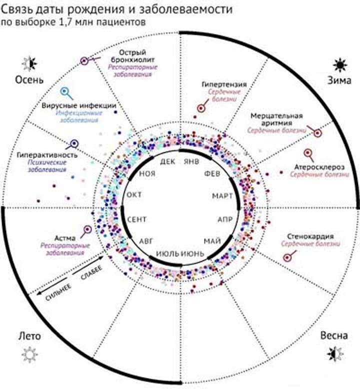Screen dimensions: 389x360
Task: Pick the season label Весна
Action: pyautogui.click(x=333, y=335)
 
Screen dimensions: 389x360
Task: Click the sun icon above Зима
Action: pyautogui.click(x=340, y=64)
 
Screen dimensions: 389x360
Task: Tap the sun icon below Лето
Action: pyautogui.click(x=29, y=354)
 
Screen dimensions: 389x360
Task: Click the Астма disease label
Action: pyautogui.click(x=66, y=238)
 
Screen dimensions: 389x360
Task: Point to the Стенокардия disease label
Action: pyautogui.click(x=310, y=236)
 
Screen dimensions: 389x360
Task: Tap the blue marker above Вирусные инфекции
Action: pyautogui.click(x=64, y=92)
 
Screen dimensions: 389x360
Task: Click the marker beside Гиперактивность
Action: pyautogui.click(x=74, y=144)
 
